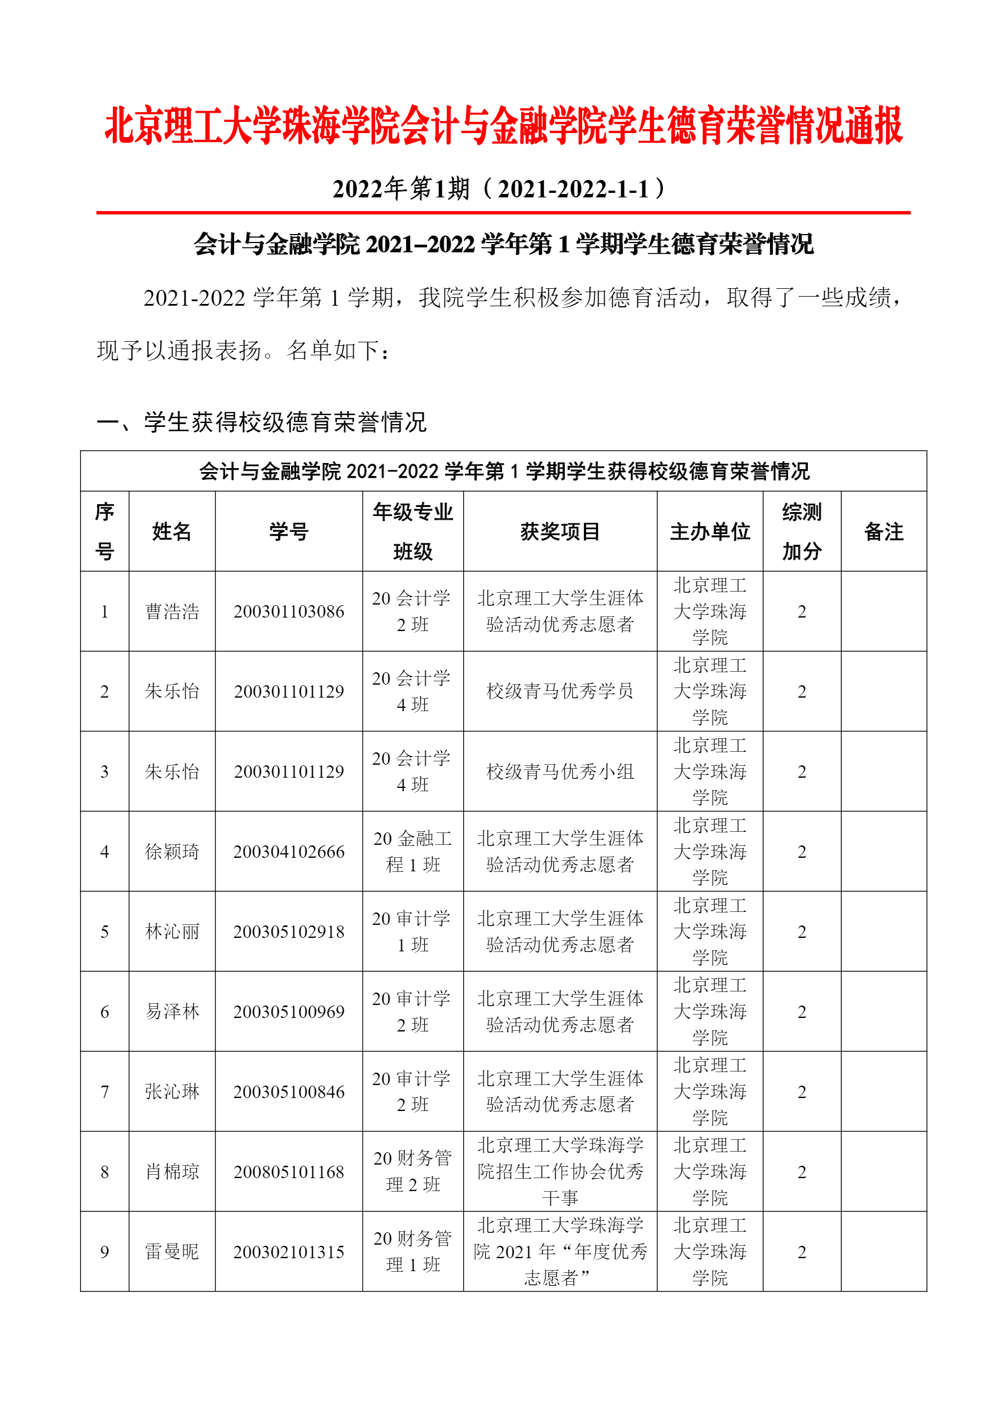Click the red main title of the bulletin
503,125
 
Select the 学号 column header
288,531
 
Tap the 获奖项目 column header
560,531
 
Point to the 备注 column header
883,531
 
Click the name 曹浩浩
172,611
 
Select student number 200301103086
288,611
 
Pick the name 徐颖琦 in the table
172,852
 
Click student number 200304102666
288,852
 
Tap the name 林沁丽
172,932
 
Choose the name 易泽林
172,1012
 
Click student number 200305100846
288,1092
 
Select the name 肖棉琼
172,1171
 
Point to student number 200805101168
288,1171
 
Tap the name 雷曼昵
172,1251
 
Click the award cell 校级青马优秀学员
560,691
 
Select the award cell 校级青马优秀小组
560,771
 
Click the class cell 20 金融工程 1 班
412,852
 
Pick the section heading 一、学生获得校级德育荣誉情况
261,422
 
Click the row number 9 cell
104,1251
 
